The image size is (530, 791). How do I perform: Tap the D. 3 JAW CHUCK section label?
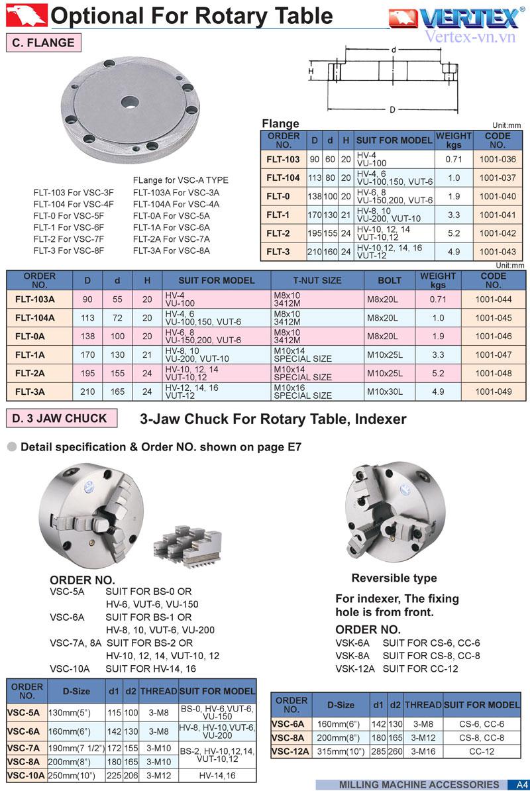64,418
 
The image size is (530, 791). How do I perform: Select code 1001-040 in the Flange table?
498,197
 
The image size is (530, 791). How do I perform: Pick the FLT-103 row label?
283,160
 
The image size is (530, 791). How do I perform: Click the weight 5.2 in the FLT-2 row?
453,233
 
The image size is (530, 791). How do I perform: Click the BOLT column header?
390,280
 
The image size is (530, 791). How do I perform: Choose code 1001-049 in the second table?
493,392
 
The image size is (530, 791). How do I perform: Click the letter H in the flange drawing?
310,70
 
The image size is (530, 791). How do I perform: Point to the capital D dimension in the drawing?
392,109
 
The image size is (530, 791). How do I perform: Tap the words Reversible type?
394,578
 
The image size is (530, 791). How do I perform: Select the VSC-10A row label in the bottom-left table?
26,775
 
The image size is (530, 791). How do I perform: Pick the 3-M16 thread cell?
423,751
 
